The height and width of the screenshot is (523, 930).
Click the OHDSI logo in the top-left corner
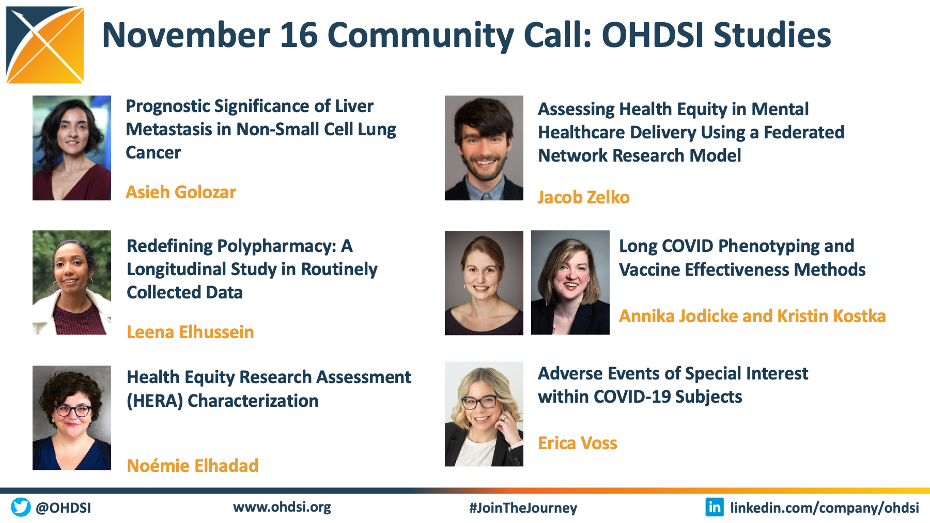point(45,45)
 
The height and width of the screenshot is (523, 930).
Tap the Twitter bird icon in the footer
point(21,507)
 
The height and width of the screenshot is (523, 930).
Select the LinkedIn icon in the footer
point(715,507)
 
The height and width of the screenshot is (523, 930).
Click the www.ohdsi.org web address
point(282,507)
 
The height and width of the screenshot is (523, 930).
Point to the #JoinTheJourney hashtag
point(523,508)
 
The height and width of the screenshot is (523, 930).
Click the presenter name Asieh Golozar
point(181,192)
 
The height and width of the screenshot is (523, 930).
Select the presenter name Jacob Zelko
point(584,197)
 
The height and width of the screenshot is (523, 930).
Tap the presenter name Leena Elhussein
point(190,332)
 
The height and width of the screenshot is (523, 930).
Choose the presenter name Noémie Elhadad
point(193,466)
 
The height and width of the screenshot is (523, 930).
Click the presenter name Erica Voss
point(578,443)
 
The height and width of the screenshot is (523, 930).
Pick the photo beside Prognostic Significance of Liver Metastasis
point(72,148)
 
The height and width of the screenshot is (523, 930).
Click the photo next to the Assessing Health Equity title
point(484,148)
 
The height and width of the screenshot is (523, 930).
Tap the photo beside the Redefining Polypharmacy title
point(72,282)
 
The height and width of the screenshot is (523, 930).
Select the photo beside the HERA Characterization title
point(72,418)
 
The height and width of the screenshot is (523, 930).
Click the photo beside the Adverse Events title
point(484,414)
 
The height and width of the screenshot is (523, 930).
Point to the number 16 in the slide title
point(299,35)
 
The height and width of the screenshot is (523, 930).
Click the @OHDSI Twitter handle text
point(64,508)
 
